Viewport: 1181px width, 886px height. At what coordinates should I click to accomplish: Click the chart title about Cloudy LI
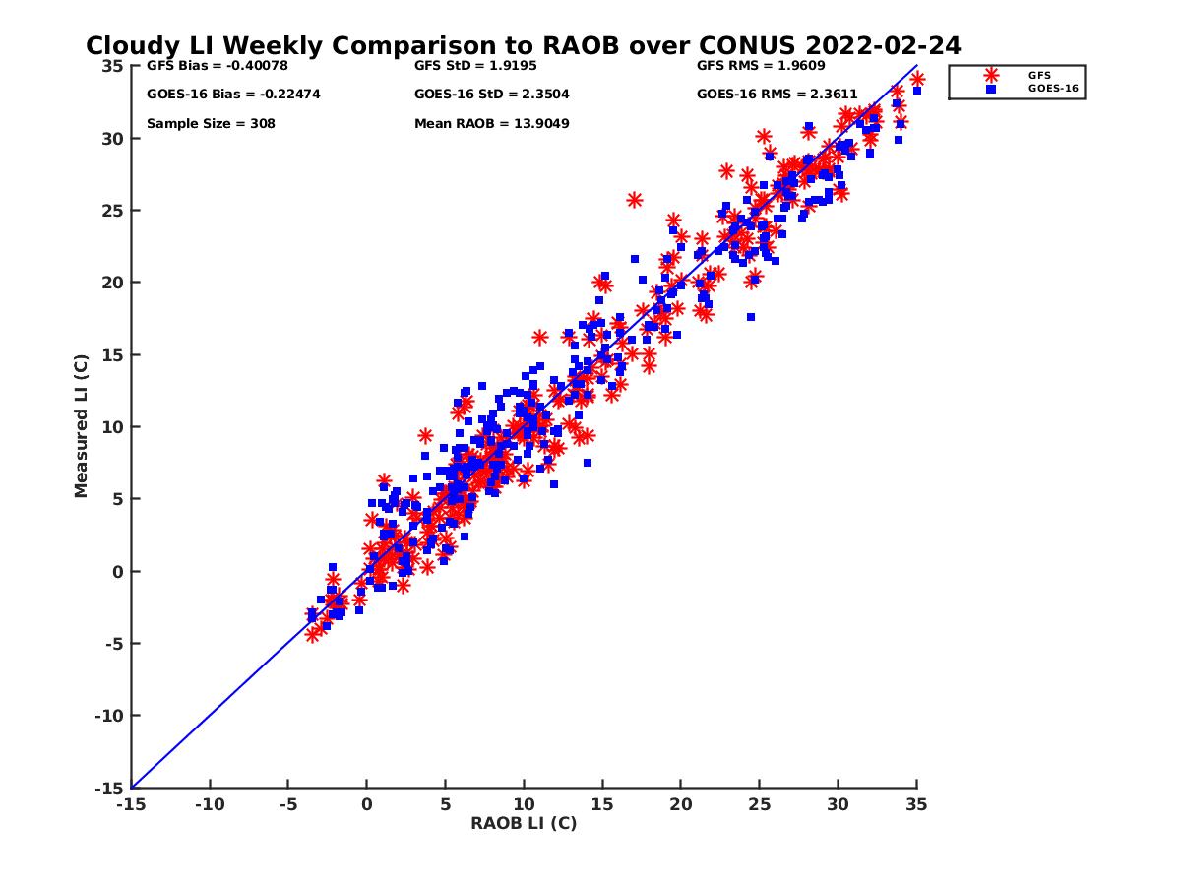[523, 45]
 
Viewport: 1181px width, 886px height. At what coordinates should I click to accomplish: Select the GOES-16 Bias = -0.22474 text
[233, 95]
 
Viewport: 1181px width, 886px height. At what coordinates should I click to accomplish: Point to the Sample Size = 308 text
[211, 124]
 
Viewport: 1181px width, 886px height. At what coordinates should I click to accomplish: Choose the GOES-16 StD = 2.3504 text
[492, 95]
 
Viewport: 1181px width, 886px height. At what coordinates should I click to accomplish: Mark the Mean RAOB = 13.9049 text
[492, 124]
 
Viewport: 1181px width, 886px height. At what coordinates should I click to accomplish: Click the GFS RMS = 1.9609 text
[761, 66]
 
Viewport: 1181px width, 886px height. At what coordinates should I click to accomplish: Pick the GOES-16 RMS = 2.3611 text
[777, 95]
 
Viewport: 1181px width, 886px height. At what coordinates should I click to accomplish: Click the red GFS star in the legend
[991, 75]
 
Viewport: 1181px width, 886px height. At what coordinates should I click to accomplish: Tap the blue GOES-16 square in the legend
[991, 89]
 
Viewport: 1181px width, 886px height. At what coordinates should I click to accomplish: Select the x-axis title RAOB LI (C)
[524, 823]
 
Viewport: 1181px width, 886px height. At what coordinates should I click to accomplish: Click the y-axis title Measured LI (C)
[81, 426]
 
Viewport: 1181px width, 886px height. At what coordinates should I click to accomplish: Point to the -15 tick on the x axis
[131, 804]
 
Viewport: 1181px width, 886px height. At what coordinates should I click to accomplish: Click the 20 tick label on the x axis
[681, 804]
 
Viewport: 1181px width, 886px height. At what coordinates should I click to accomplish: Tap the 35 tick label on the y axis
[113, 66]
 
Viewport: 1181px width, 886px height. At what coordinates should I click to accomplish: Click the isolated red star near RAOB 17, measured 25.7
[635, 200]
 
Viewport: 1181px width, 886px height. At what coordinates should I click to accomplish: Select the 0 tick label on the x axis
[367, 804]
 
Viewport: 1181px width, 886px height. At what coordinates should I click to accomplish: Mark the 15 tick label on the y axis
[113, 354]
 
